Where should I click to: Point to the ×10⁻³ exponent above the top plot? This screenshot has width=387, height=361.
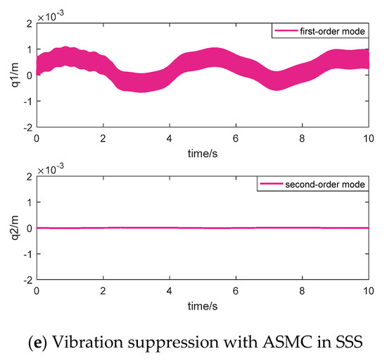(x=51, y=13)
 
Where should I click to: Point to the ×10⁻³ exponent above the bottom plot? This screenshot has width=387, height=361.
(x=51, y=166)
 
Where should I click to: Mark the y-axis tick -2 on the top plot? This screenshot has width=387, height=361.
(x=25, y=127)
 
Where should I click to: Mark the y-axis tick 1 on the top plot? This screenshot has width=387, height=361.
(x=27, y=49)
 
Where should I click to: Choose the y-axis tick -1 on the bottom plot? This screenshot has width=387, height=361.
(x=25, y=254)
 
